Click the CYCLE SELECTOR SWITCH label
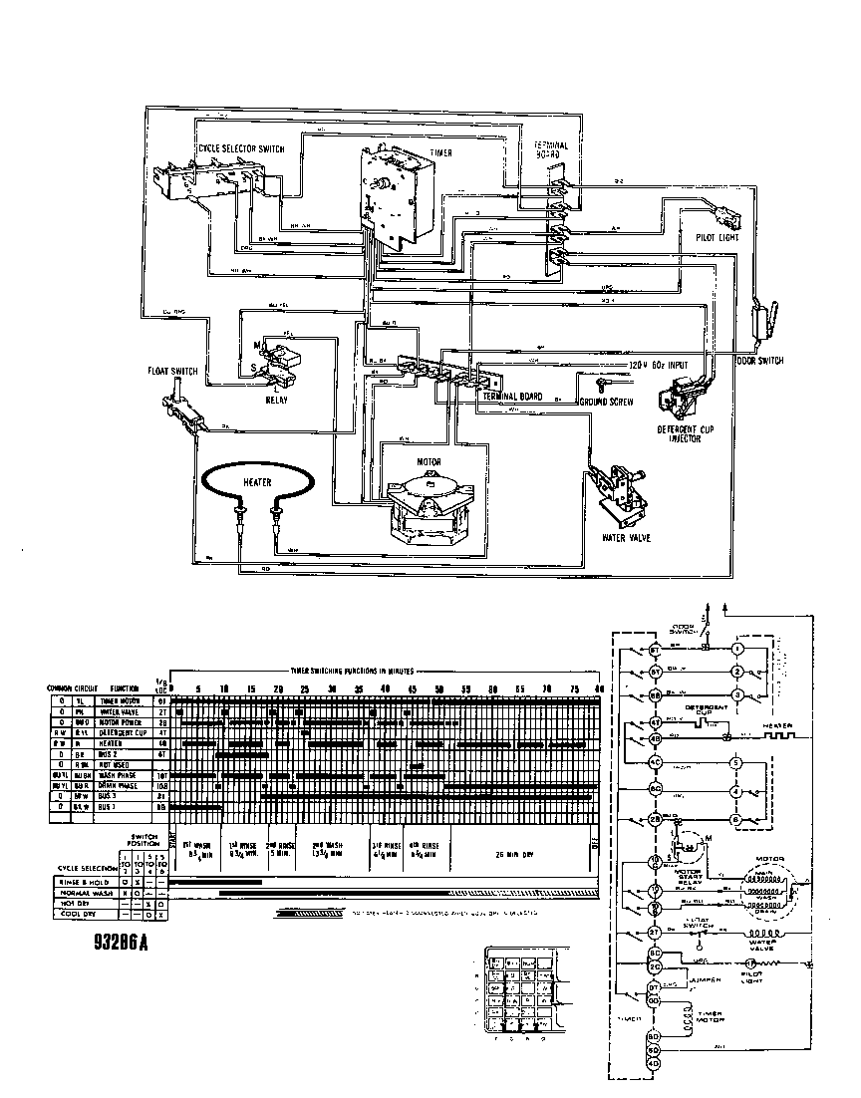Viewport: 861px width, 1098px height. coord(242,149)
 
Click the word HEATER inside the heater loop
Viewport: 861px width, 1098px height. coord(256,481)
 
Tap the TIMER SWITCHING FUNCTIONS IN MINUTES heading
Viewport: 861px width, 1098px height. coord(351,672)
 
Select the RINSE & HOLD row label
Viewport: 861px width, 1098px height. coord(83,881)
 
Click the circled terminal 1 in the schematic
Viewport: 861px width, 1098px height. coord(737,649)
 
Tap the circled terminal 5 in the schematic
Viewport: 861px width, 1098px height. coord(737,763)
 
